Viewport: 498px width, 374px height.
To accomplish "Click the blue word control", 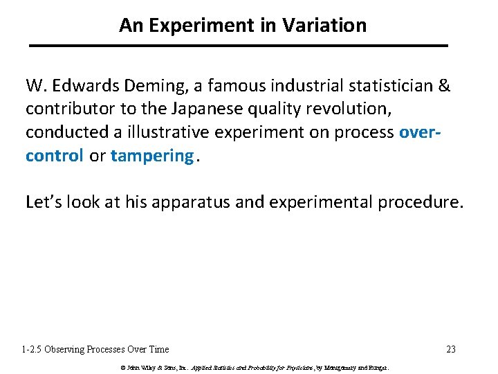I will click(55, 156).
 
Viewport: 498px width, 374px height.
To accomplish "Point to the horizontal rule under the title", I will click(239, 46).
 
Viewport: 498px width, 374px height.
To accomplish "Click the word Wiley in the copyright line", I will click(147, 367).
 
